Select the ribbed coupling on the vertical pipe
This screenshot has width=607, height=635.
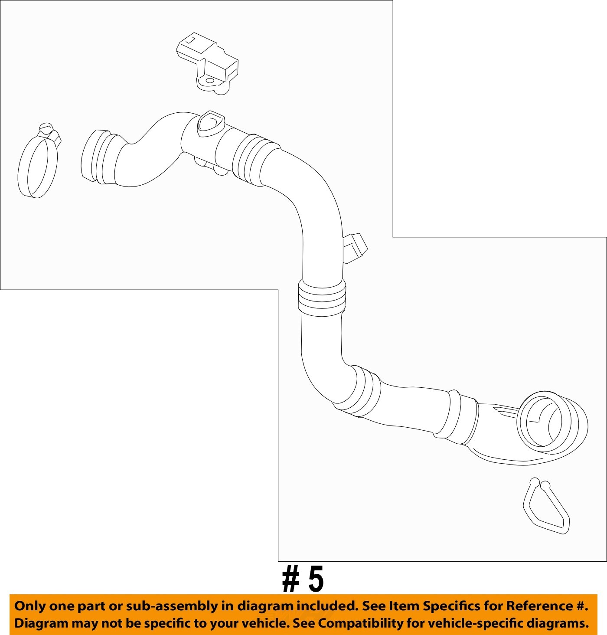322,297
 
